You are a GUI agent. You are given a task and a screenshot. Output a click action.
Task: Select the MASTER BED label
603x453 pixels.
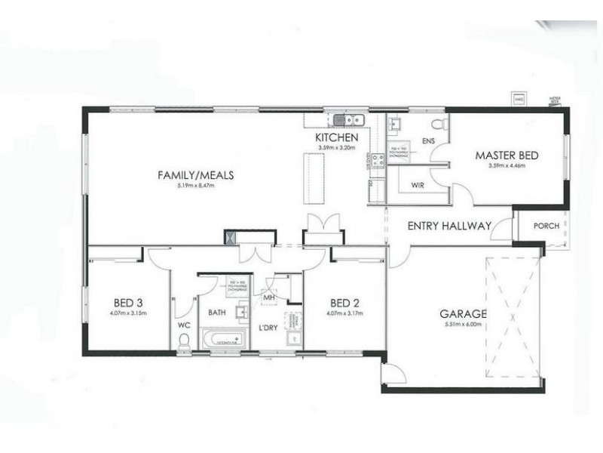pyautogui.click(x=506, y=156)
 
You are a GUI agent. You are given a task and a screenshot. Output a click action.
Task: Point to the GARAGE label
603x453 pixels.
pyautogui.click(x=464, y=314)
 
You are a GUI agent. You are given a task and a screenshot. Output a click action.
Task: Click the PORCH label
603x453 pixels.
pyautogui.click(x=546, y=225)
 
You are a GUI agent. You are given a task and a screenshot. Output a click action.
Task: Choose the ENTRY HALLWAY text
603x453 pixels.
pyautogui.click(x=449, y=225)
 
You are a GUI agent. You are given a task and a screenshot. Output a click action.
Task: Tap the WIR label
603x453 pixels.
pyautogui.click(x=420, y=184)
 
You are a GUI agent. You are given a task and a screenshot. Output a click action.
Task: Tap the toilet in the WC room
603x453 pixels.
pyautogui.click(x=183, y=340)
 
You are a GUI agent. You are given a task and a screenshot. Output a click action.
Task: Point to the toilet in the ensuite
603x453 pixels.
pyautogui.click(x=436, y=122)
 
